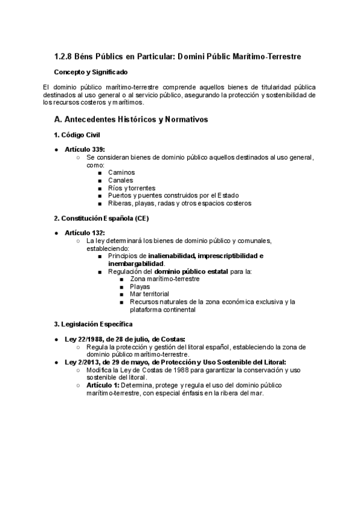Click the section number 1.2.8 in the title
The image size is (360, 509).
click(x=63, y=56)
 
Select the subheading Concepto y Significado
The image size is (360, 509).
click(x=90, y=72)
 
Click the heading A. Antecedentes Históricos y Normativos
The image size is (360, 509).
click(x=131, y=119)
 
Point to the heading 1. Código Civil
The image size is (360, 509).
click(x=77, y=134)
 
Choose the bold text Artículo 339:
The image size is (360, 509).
click(x=85, y=149)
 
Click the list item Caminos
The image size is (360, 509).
click(x=121, y=172)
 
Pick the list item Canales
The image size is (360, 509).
click(x=121, y=180)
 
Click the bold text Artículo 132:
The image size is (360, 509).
click(x=85, y=232)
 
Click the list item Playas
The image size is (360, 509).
click(x=140, y=287)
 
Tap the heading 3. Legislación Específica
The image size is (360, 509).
click(x=91, y=324)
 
